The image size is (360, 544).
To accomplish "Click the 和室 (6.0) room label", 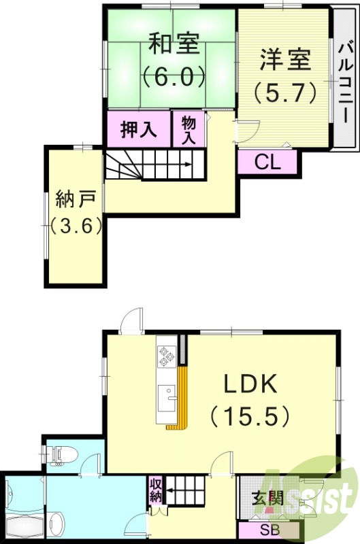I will point(174,61).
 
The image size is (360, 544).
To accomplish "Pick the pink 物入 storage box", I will point(189,129).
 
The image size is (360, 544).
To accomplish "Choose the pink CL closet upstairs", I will point(267,162).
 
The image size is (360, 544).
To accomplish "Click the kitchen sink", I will point(165,396).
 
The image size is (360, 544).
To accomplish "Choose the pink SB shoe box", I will point(267,530).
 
